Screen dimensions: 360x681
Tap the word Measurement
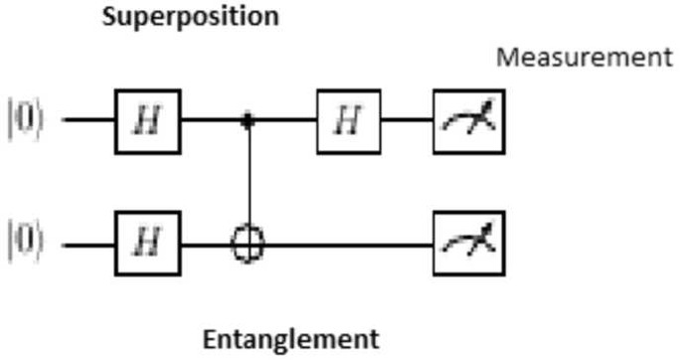(x=585, y=57)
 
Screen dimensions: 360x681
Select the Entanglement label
(x=290, y=338)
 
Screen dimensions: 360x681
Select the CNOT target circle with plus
(x=248, y=245)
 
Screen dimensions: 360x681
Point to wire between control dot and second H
(x=284, y=121)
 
